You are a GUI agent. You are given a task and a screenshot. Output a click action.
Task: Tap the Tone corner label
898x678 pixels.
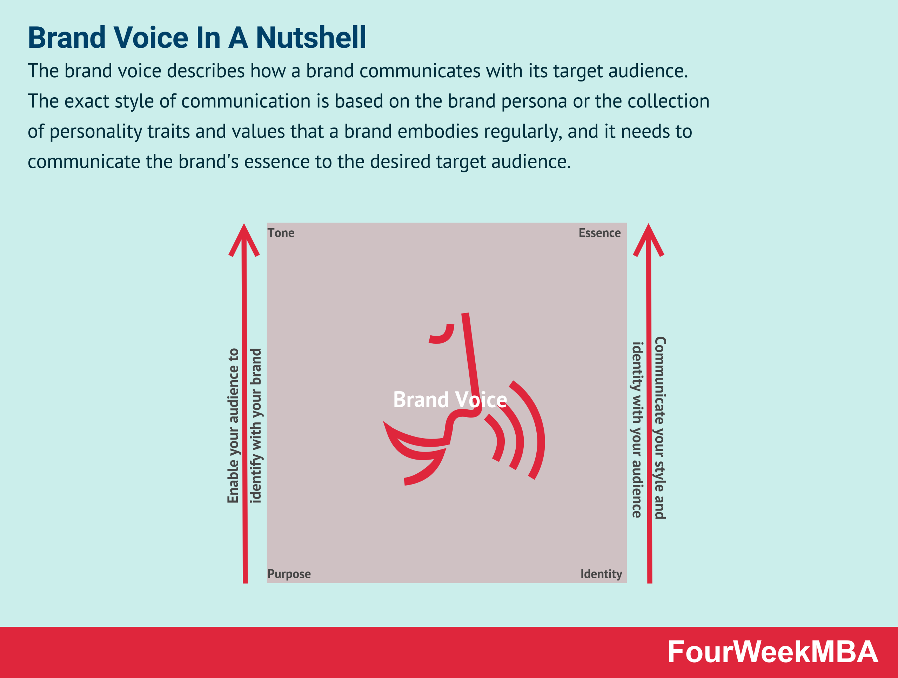pos(281,233)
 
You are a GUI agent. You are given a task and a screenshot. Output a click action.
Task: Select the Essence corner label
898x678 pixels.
pos(599,233)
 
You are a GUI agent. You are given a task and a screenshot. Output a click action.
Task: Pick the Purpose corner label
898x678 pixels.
pos(289,574)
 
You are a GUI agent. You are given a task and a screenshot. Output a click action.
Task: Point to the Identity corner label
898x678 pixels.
pos(601,574)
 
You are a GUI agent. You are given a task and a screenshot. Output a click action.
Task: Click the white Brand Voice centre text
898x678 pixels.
pos(450,400)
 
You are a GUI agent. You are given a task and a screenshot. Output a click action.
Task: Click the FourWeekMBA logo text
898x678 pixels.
pos(772,652)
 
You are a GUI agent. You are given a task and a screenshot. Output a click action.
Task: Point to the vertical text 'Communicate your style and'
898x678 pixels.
pos(660,427)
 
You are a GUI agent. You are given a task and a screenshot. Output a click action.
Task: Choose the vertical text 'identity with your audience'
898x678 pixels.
pos(637,430)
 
